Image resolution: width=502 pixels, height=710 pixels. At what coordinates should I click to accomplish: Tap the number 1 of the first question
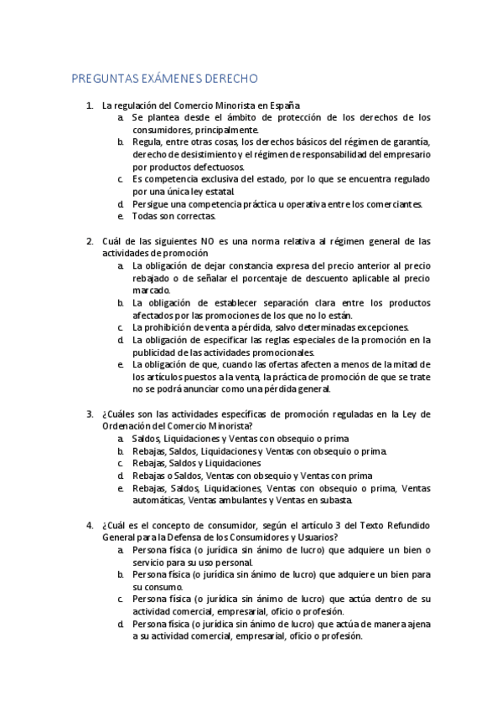point(90,106)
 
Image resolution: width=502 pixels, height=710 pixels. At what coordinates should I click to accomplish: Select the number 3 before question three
point(90,414)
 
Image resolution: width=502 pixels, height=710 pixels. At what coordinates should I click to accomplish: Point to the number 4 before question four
point(90,525)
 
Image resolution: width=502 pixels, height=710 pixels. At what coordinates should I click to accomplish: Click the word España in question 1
point(283,106)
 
